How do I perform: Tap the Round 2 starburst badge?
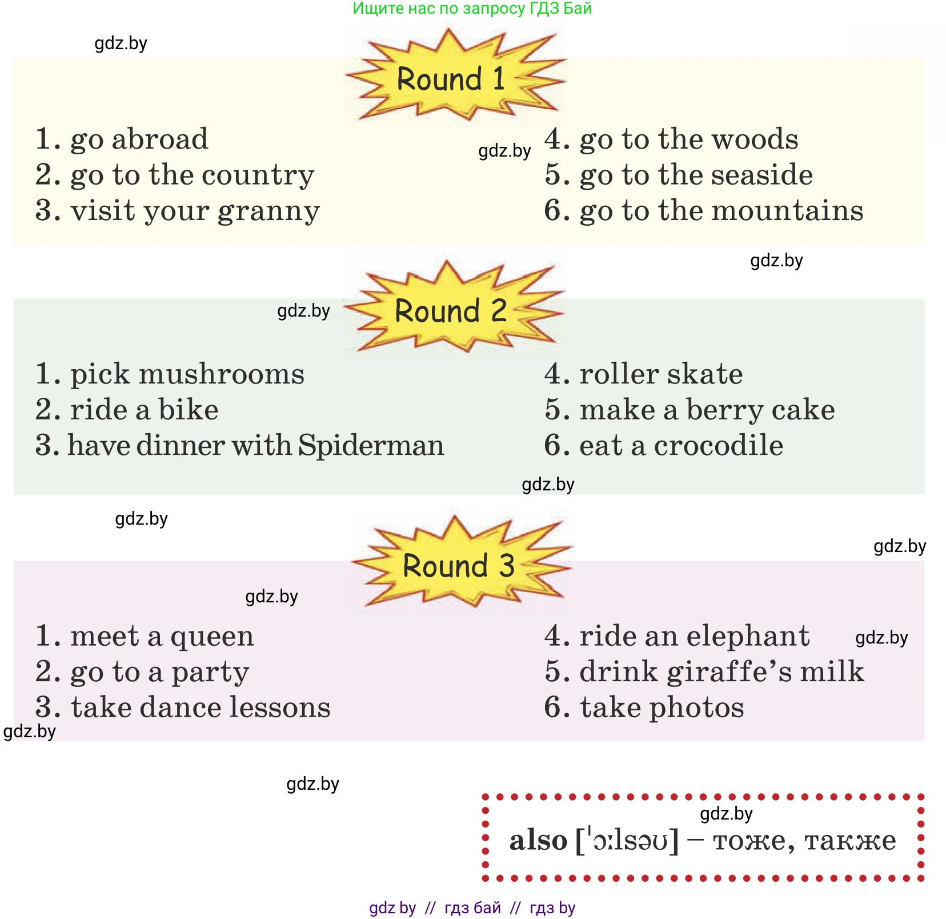(451, 310)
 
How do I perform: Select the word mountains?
(788, 210)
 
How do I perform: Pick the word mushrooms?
(222, 374)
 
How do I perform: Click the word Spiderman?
(371, 445)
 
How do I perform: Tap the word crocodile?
(718, 445)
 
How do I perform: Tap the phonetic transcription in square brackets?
(627, 840)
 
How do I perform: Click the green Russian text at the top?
(472, 9)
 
